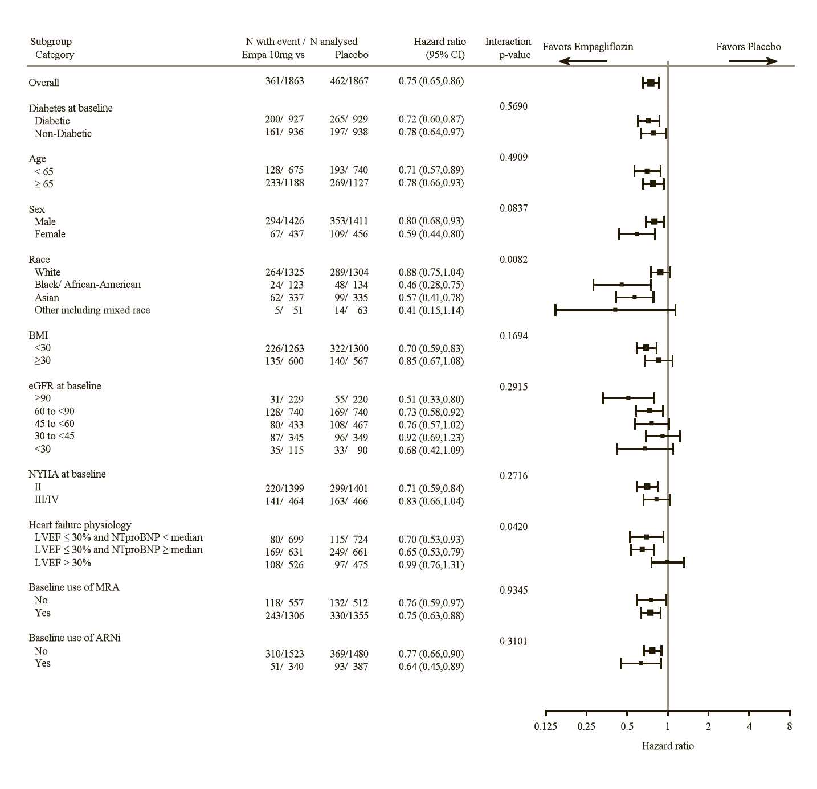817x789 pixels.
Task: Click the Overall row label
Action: pyautogui.click(x=44, y=83)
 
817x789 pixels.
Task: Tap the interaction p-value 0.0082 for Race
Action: pyautogui.click(x=513, y=260)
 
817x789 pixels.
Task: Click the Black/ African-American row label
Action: pyautogui.click(x=87, y=285)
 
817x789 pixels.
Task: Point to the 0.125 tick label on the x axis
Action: pyautogui.click(x=545, y=726)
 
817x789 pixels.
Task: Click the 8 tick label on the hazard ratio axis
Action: pyautogui.click(x=789, y=726)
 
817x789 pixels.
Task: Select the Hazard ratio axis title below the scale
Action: pyautogui.click(x=668, y=746)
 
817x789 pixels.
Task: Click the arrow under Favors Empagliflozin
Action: pyautogui.click(x=582, y=61)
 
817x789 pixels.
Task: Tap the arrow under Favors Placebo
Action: pyautogui.click(x=753, y=61)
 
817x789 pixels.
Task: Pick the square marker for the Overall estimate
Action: pyautogui.click(x=651, y=83)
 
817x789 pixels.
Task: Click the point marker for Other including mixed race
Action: pyautogui.click(x=615, y=310)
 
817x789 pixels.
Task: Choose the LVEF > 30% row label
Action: pyautogui.click(x=63, y=563)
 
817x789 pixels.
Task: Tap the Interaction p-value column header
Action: pyautogui.click(x=508, y=48)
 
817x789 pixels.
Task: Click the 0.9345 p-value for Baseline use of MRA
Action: pyautogui.click(x=513, y=590)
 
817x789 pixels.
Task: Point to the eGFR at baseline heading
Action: pyautogui.click(x=65, y=386)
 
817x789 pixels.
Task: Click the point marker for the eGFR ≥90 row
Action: pyautogui.click(x=628, y=398)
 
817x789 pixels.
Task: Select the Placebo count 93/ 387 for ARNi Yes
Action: pyautogui.click(x=351, y=667)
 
